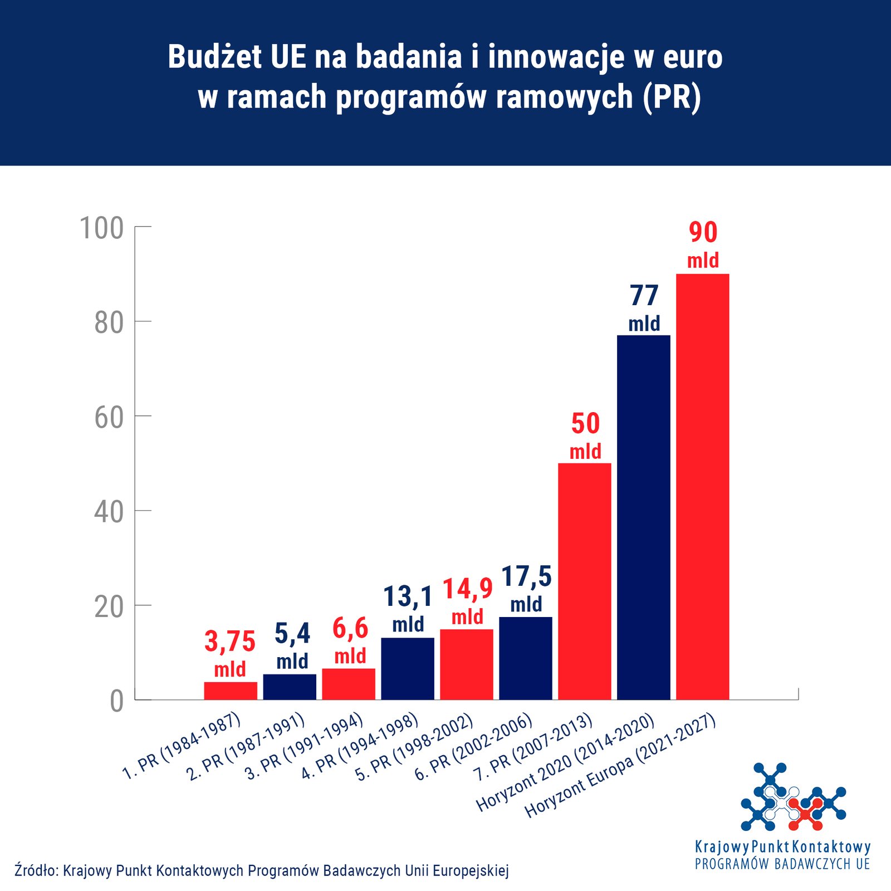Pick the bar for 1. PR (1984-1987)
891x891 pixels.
coord(231,691)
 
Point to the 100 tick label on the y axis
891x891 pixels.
coord(102,228)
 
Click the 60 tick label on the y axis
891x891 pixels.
coord(109,418)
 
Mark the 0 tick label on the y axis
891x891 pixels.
coord(116,701)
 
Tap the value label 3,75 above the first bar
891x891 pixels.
coord(230,642)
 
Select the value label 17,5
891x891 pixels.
coord(526,577)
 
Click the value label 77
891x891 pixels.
coord(644,295)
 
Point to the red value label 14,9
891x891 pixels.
coord(468,589)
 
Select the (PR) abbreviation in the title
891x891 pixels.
coord(672,97)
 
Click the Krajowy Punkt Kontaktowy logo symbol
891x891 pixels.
coord(793,797)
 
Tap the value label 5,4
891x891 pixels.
coord(292,634)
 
